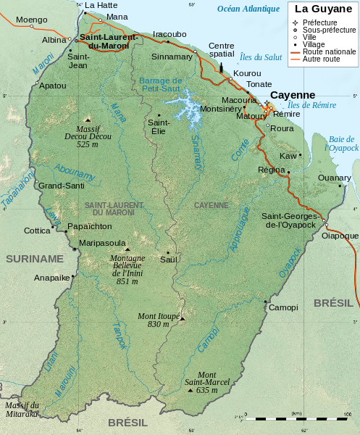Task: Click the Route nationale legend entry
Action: coord(329,52)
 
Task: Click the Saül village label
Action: coord(168,259)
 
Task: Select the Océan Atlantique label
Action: coord(248,9)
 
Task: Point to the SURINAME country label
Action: coord(35,258)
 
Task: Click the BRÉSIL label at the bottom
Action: coord(127,422)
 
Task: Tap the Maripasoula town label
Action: coord(101,243)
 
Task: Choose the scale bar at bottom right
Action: coord(297,418)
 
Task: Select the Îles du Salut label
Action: coord(261,57)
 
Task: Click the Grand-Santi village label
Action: coord(61,186)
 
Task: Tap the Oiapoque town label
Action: coord(340,235)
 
